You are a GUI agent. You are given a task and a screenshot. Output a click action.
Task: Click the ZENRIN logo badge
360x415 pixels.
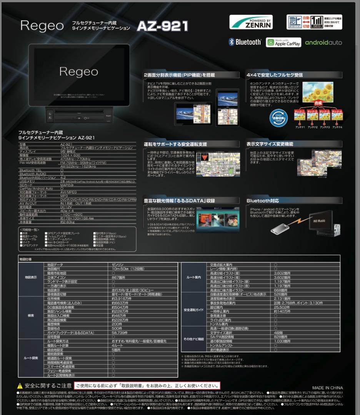tap(251, 22)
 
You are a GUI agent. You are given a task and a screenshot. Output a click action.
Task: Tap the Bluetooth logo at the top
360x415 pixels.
tap(245, 42)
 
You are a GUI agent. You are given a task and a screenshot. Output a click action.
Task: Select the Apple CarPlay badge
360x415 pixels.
tap(283, 42)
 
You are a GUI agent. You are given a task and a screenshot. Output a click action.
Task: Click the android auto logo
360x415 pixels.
tap(323, 42)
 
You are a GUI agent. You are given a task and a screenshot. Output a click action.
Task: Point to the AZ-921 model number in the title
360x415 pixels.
tap(162, 26)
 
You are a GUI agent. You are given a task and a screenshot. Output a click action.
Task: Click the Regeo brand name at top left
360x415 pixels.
tap(42, 26)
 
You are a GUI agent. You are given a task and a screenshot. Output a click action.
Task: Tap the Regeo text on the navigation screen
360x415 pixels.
tap(78, 71)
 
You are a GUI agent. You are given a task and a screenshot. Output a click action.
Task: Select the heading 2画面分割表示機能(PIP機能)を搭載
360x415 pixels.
tap(179, 75)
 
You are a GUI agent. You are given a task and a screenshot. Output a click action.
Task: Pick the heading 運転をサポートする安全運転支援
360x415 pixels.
tap(175, 144)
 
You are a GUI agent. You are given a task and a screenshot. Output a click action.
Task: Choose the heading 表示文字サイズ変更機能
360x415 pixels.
tap(270, 144)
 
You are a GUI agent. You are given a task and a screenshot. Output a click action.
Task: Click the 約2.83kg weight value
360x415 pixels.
tap(67, 222)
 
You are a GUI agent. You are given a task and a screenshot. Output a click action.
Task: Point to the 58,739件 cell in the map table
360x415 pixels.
tap(120, 332)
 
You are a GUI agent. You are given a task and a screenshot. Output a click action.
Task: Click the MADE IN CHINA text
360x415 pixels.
tap(327, 388)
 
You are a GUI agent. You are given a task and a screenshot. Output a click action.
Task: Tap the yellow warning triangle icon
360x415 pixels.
tap(20, 385)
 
